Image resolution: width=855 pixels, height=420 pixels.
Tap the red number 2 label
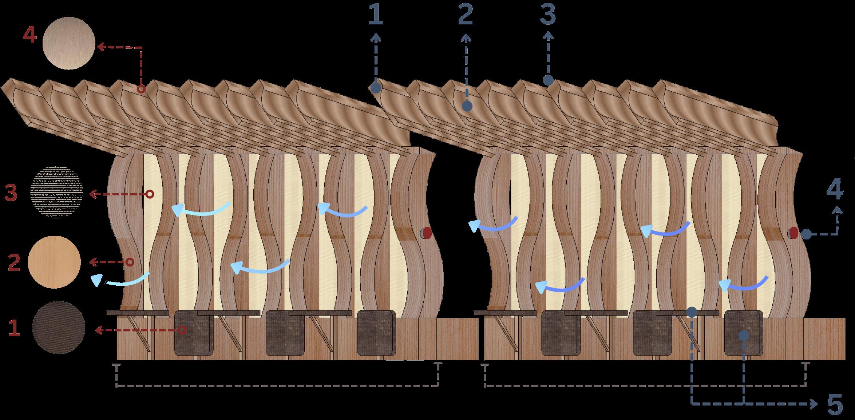point(13,262)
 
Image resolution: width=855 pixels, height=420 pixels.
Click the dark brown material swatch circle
point(59,327)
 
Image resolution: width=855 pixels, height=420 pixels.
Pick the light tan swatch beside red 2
point(54,262)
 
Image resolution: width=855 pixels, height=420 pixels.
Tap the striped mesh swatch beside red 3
point(57,193)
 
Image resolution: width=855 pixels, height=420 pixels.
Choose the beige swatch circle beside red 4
point(69,43)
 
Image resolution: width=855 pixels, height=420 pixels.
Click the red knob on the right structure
point(793,233)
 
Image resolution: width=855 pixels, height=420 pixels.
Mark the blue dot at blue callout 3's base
point(548,80)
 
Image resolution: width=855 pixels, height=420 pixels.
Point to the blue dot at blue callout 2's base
point(467,106)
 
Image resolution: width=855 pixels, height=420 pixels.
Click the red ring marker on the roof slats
point(141,89)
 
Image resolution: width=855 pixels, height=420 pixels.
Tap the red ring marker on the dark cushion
point(182,330)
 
